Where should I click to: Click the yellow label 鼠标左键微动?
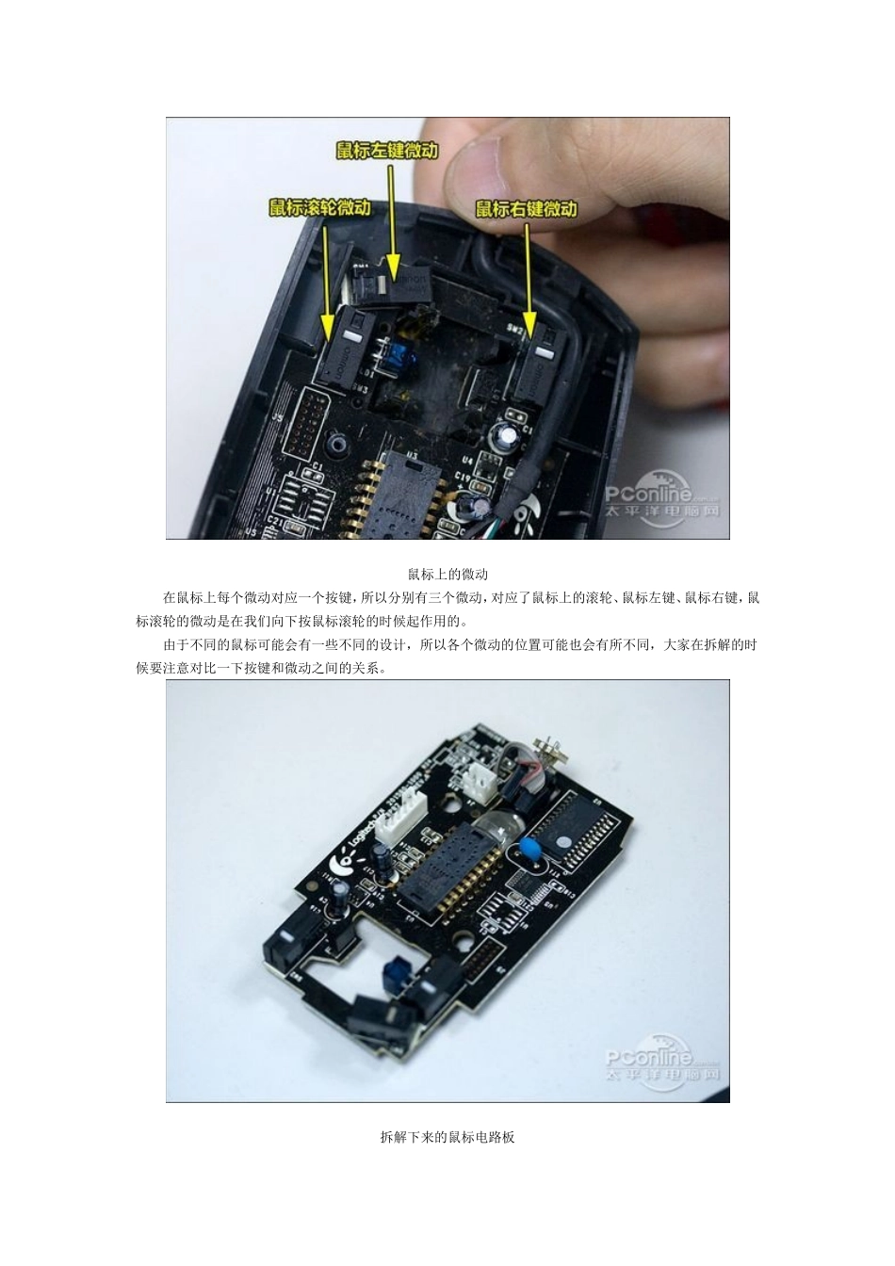coord(387,151)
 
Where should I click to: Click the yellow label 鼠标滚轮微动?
coord(319,207)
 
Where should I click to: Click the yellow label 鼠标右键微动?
coord(526,208)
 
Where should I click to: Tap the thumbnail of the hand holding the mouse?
coord(447,328)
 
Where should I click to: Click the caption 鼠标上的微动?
coord(447,574)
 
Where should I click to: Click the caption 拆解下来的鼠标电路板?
coord(447,1137)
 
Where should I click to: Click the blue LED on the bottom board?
coord(393,971)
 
